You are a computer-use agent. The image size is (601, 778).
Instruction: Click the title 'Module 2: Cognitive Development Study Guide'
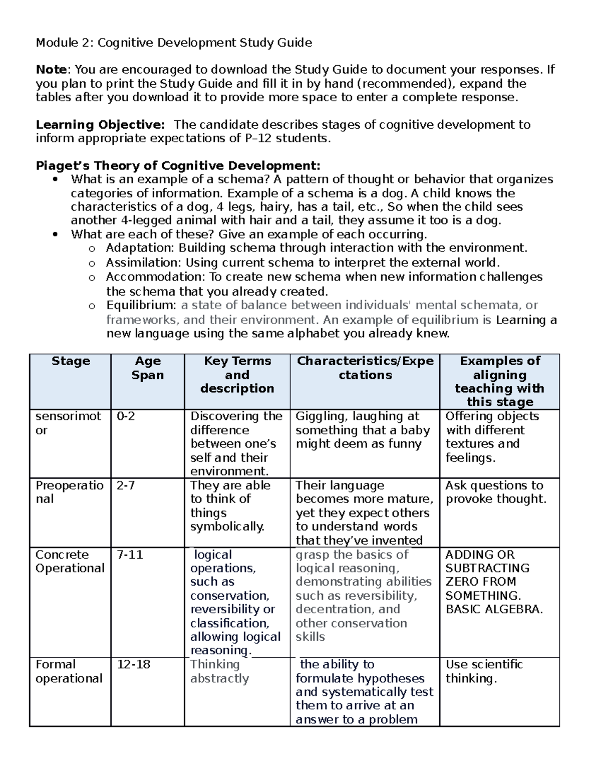click(173, 43)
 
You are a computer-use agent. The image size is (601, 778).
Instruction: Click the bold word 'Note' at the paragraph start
click(51, 70)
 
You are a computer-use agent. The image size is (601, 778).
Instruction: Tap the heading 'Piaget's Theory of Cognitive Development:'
click(178, 165)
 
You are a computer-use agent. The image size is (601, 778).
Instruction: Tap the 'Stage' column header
click(71, 361)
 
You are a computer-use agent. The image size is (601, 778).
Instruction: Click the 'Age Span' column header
click(147, 368)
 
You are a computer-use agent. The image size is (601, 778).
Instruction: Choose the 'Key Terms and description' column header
click(237, 375)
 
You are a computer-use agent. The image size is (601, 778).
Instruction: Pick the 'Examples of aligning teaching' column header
click(499, 381)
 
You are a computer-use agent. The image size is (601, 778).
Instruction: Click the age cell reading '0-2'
click(126, 416)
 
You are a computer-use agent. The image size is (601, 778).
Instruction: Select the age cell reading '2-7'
click(126, 485)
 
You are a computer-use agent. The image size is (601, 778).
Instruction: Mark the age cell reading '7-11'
click(130, 555)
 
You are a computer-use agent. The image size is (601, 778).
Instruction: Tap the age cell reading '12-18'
click(133, 664)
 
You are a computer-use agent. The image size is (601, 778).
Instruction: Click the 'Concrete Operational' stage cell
click(70, 562)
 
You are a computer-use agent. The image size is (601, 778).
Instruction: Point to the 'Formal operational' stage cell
click(69, 671)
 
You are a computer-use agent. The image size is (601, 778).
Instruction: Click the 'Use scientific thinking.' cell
click(484, 671)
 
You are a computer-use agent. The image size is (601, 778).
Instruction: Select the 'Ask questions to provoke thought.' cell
click(495, 492)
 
